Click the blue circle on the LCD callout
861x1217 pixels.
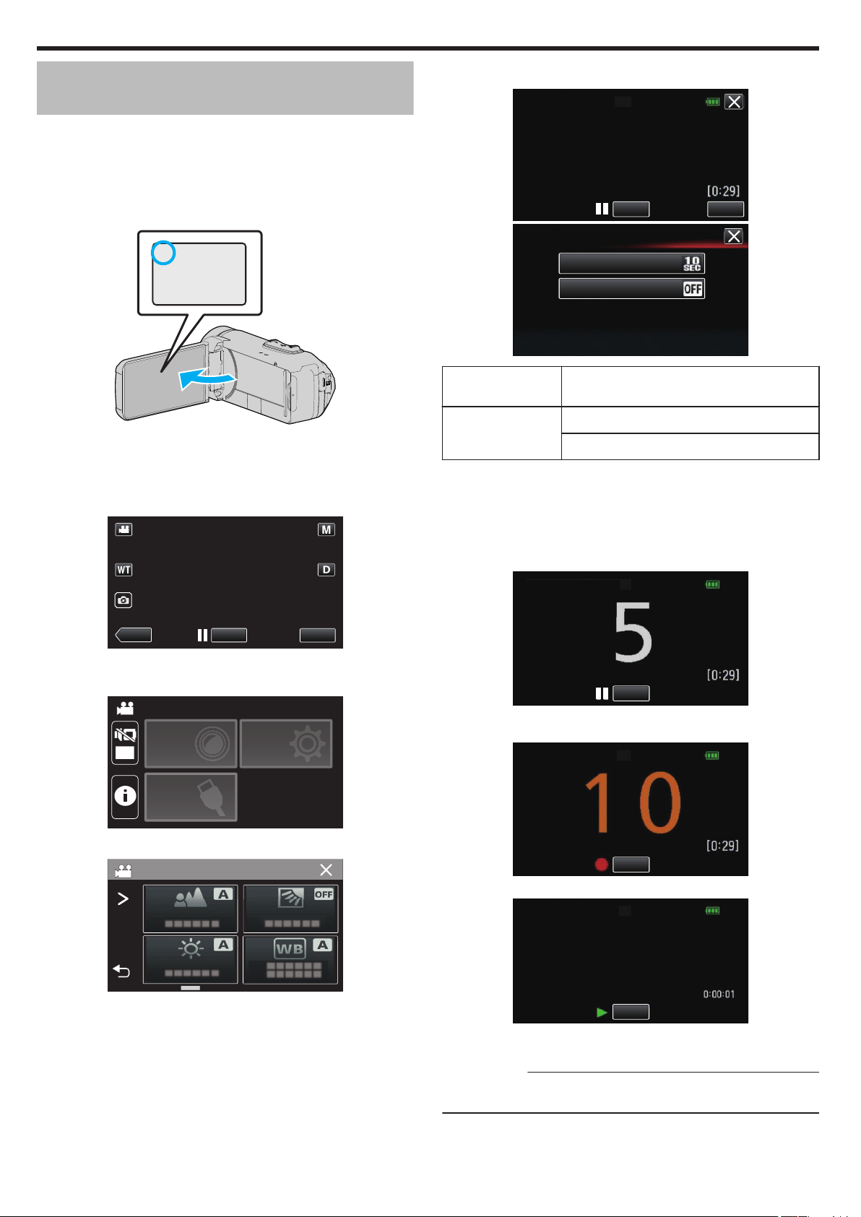tap(163, 253)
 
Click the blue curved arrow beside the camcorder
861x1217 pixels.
tap(207, 378)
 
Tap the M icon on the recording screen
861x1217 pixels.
tap(326, 529)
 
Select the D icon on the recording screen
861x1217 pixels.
tap(326, 569)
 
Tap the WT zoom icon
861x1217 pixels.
tap(124, 569)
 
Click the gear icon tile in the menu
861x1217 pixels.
tap(286, 743)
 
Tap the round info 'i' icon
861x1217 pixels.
tap(125, 796)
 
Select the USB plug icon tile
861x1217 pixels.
tap(191, 797)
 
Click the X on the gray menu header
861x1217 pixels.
tap(326, 870)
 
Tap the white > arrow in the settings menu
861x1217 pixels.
tap(124, 898)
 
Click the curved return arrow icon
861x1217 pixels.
tap(121, 970)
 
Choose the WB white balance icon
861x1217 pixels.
tap(290, 948)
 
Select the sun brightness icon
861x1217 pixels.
tap(191, 948)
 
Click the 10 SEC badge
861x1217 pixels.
tap(692, 264)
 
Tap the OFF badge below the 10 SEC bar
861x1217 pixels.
tap(693, 288)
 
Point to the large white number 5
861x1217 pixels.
tap(632, 632)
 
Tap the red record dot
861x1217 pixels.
tap(601, 864)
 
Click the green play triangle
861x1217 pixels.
tap(602, 1012)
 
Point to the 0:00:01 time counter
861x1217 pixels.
tap(719, 994)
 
